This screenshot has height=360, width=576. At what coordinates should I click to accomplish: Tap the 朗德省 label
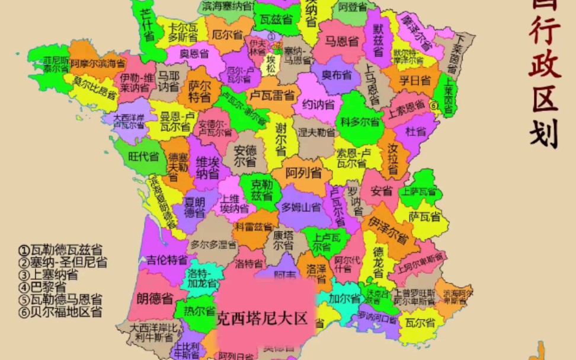point(155,298)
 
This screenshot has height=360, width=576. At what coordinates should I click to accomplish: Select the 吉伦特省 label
point(168,259)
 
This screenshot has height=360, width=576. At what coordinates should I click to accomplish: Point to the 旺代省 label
point(143,157)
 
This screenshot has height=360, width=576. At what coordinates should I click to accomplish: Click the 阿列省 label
point(303,173)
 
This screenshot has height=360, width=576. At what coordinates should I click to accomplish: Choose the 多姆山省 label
point(301,207)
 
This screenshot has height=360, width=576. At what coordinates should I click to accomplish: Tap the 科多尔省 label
point(360,122)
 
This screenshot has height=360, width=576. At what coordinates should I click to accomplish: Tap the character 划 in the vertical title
point(545,136)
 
